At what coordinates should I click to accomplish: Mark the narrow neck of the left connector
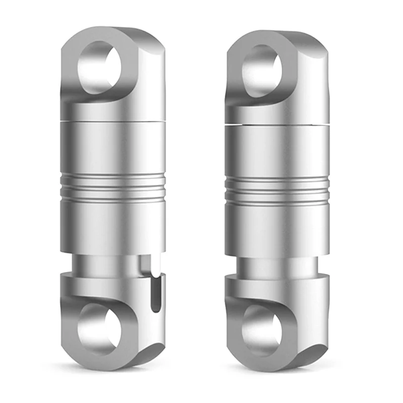pos(113,262)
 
